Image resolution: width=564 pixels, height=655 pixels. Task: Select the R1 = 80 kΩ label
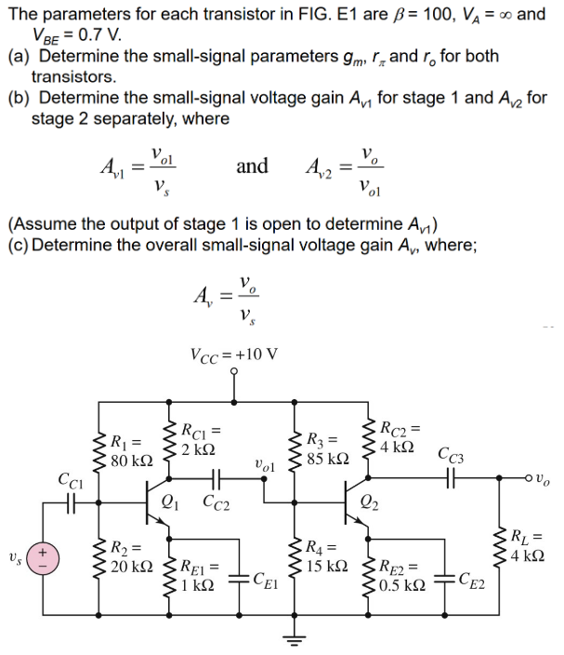129,450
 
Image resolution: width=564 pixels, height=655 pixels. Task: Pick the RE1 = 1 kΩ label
199,575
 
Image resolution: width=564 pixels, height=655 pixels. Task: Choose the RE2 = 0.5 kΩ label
401,575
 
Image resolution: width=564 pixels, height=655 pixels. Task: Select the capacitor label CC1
71,481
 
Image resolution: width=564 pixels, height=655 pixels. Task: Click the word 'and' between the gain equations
252,167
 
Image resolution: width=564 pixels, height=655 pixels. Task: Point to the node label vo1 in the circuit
264,462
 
